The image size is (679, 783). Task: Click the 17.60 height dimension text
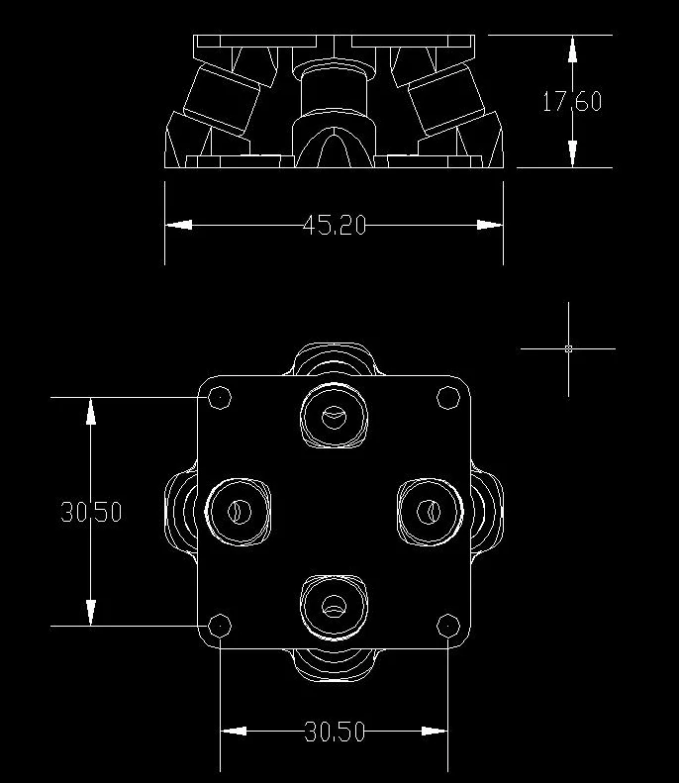pos(572,101)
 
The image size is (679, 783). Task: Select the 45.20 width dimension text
pos(335,226)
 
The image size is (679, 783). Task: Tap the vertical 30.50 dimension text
pos(91,512)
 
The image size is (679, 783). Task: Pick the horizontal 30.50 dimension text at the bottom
pos(335,732)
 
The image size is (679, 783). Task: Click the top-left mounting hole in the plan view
pos(219,398)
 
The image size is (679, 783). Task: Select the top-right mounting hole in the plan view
pos(447,398)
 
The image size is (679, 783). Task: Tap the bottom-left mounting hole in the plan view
pos(219,626)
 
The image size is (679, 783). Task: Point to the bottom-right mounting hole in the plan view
pos(447,626)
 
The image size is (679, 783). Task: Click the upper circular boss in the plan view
pos(334,416)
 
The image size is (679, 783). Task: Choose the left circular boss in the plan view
pos(239,512)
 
